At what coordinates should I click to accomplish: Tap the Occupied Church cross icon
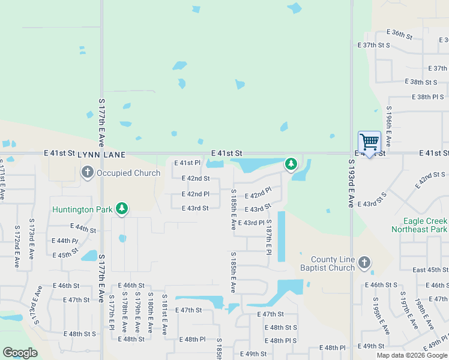click(87, 173)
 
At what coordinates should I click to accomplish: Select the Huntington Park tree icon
click(122, 209)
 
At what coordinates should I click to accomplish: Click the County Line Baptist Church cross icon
click(364, 262)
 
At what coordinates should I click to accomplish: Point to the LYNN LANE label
click(101, 155)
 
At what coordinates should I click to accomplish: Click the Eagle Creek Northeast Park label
click(417, 225)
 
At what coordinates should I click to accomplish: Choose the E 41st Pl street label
click(187, 163)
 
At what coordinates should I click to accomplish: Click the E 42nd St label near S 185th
click(195, 178)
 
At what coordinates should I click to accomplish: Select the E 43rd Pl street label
click(251, 223)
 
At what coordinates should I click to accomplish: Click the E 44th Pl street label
click(66, 241)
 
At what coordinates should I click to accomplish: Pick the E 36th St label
click(400, 34)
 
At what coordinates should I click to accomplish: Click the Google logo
click(20, 353)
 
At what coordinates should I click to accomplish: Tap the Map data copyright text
click(412, 355)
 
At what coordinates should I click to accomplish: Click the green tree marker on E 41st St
click(291, 163)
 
